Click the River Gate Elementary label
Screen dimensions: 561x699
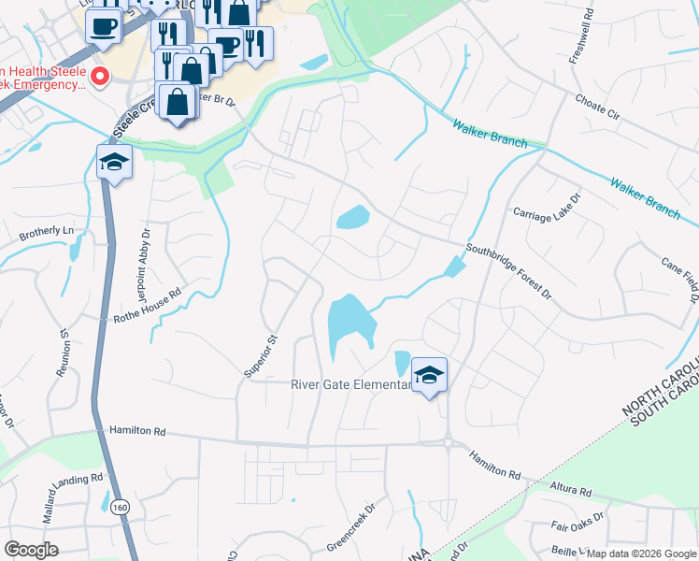tap(350, 384)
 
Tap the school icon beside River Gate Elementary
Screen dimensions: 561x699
tap(429, 376)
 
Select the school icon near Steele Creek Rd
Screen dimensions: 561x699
tap(115, 163)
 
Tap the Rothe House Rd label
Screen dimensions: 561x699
tap(148, 293)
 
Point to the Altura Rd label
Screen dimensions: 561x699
tap(571, 490)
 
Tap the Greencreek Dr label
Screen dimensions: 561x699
tap(350, 529)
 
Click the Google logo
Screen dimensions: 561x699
tap(32, 549)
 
